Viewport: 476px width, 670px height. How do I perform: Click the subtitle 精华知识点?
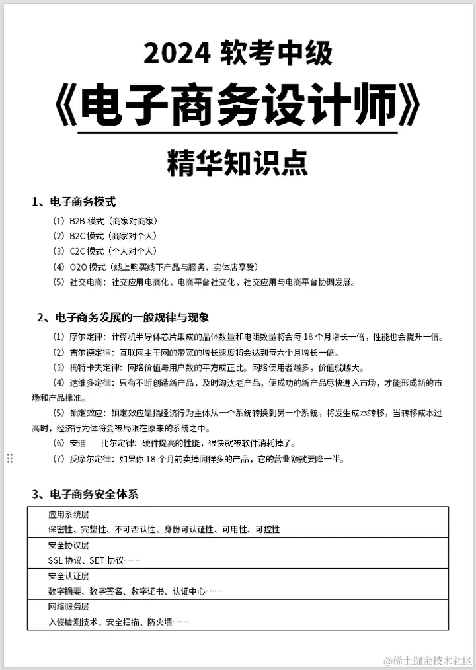point(237,163)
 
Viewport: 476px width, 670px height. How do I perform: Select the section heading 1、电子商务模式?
point(73,202)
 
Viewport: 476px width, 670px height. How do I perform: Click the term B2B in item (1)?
point(77,220)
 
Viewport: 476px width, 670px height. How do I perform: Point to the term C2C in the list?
point(77,251)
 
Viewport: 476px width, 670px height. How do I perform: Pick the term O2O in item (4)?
point(78,267)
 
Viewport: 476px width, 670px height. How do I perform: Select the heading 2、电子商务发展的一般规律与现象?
point(123,317)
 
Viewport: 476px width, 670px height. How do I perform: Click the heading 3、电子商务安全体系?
point(85,494)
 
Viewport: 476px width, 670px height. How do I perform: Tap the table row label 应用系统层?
point(68,514)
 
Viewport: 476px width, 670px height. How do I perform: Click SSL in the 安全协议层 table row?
point(56,561)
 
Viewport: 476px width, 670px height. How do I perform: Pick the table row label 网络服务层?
point(68,607)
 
